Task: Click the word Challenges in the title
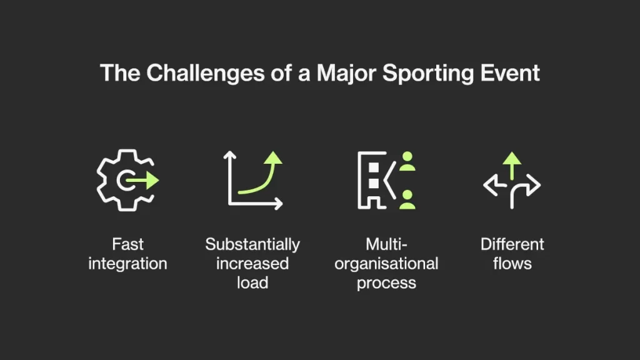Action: tap(205, 74)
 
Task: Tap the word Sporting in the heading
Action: tap(427, 74)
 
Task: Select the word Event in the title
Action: tap(510, 73)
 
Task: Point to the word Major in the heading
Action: tap(346, 74)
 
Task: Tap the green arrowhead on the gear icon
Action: tap(152, 181)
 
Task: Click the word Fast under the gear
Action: tap(127, 244)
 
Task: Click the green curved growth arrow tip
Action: tap(273, 158)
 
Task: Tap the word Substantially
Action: tap(252, 245)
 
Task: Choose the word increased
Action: tap(252, 264)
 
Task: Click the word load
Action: tap(252, 283)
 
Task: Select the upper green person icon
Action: tap(407, 161)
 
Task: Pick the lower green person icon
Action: tap(407, 199)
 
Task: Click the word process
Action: tap(386, 283)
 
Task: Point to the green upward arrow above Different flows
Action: tap(512, 166)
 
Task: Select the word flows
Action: tap(512, 264)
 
